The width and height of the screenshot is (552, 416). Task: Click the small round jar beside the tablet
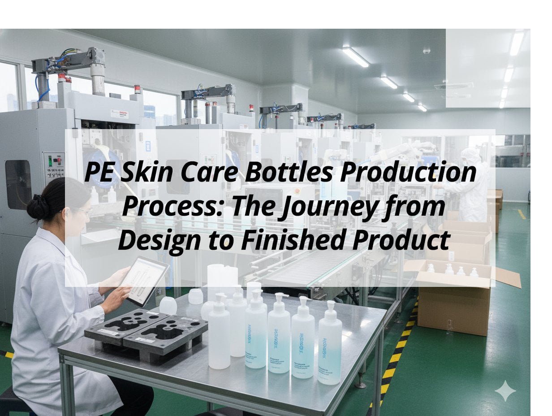coord(168,306)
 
